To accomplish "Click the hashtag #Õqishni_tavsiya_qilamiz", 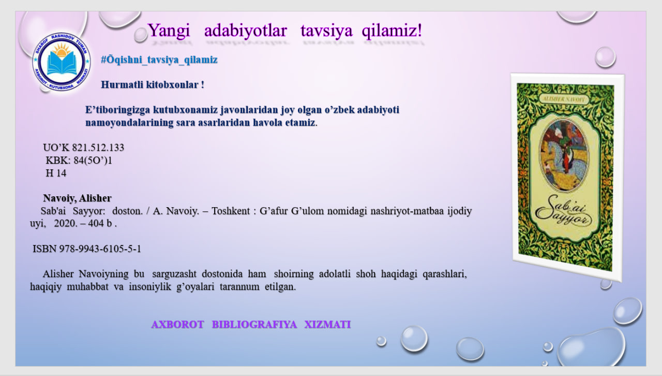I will tap(159, 60).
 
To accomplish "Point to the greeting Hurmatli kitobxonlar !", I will tap(153, 84).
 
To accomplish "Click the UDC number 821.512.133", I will tap(98, 148).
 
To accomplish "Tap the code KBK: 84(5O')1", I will tap(79, 161).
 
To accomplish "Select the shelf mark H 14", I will tap(56, 173).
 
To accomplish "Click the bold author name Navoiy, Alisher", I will tap(78, 198).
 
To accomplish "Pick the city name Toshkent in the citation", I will tap(229, 211).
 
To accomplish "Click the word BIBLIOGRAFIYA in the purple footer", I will tap(254, 325).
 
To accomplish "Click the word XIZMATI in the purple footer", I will tap(327, 325).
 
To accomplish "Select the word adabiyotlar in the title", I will tap(245, 31).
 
